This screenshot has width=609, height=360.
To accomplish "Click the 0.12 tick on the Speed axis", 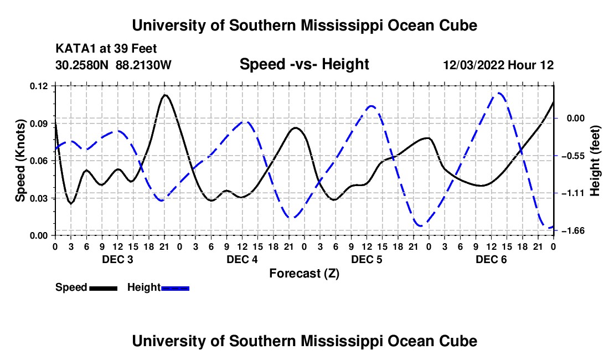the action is (39, 86).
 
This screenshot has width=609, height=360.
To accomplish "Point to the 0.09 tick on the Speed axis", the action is (39, 124).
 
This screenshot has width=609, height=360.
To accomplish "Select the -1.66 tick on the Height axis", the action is (575, 231).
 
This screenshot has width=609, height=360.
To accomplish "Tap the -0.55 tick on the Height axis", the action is (575, 156).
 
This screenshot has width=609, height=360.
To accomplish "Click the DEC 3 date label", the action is (117, 259).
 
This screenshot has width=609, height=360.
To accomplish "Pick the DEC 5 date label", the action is (367, 259).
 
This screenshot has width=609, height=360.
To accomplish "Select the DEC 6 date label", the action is (491, 259).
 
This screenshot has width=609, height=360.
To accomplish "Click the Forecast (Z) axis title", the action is (304, 274).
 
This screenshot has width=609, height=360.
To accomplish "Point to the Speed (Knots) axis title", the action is (20, 161).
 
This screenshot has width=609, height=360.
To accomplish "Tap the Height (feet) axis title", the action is (595, 161).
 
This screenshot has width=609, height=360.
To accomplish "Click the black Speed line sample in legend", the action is (104, 288).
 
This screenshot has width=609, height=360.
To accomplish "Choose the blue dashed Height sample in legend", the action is (175, 288).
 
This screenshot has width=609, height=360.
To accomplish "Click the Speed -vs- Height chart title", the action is (304, 64).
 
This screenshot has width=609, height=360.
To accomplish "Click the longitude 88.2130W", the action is (143, 65).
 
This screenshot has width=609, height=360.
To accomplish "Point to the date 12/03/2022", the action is (474, 65).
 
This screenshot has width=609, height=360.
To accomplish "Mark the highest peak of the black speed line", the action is (164, 95).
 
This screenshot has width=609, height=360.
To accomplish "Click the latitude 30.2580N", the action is (82, 65).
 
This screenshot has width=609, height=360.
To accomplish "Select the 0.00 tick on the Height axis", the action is (576, 118).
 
